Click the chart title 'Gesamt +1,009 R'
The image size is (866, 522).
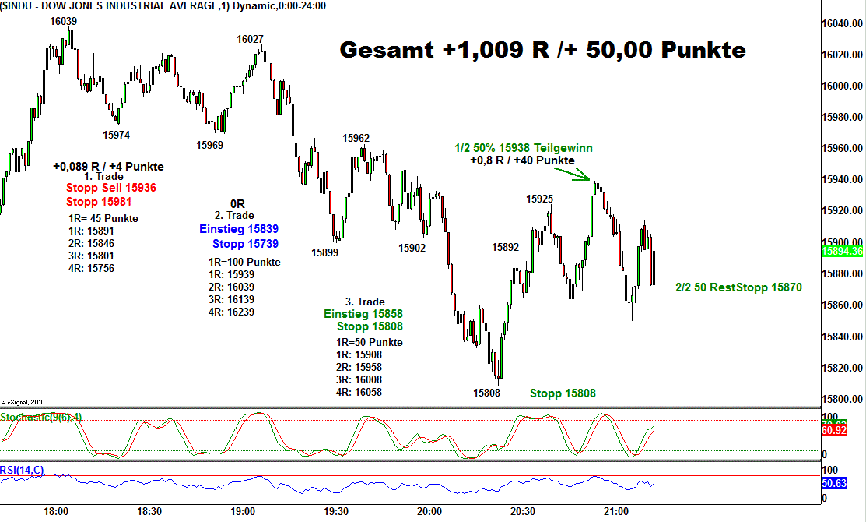click(x=542, y=51)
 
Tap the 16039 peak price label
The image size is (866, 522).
click(x=63, y=21)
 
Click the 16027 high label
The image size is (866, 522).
click(x=250, y=39)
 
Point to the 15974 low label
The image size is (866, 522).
click(x=117, y=135)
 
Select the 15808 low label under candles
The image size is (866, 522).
click(x=486, y=393)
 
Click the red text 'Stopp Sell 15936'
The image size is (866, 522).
click(x=111, y=189)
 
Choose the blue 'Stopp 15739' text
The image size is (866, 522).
click(x=245, y=244)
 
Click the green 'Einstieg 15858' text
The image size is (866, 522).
click(x=363, y=314)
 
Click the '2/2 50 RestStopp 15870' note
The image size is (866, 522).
click(x=738, y=287)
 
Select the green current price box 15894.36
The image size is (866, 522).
click(x=843, y=252)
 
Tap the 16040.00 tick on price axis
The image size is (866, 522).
click(x=843, y=24)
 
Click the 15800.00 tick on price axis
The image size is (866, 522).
click(x=843, y=399)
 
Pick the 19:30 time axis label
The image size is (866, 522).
click(x=335, y=512)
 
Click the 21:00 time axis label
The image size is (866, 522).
click(x=615, y=512)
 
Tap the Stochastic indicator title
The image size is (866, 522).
click(x=40, y=418)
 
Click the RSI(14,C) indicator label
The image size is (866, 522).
click(x=23, y=469)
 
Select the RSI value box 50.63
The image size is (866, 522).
click(x=843, y=484)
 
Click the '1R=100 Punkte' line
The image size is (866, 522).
click(x=244, y=263)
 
